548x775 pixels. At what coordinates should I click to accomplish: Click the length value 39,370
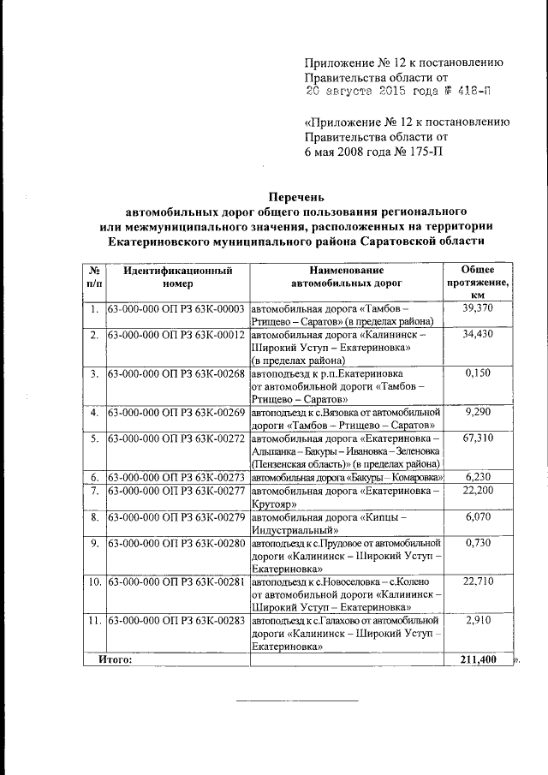click(x=479, y=308)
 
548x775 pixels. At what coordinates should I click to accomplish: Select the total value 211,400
click(x=479, y=660)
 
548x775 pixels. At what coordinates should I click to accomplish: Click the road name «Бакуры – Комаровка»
click(x=347, y=477)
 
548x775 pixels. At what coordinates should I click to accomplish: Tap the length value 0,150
click(x=479, y=374)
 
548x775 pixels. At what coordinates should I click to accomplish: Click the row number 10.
click(x=94, y=582)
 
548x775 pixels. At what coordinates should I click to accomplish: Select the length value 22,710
click(x=479, y=582)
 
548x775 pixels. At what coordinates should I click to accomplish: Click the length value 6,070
click(x=479, y=517)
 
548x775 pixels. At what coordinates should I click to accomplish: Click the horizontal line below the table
click(x=297, y=700)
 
